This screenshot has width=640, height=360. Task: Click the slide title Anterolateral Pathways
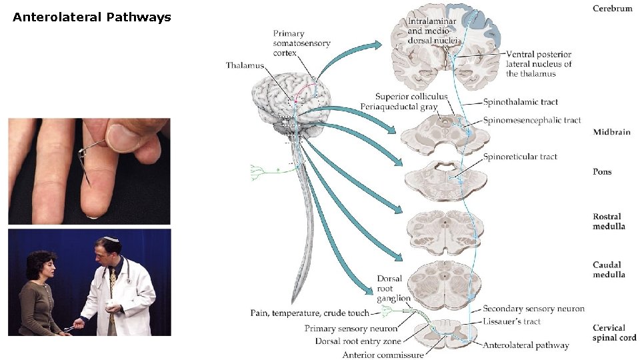pyautogui.click(x=92, y=17)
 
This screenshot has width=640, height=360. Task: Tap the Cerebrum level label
pyautogui.click(x=612, y=9)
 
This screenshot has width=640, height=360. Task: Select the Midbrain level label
pyautogui.click(x=611, y=132)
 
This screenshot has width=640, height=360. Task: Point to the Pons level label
pyautogui.click(x=602, y=172)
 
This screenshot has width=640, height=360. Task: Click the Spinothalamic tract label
pyautogui.click(x=521, y=103)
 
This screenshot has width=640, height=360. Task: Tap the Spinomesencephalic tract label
pyautogui.click(x=532, y=121)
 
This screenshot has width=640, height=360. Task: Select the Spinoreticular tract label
pyautogui.click(x=521, y=157)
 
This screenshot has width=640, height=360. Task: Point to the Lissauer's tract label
pyautogui.click(x=511, y=321)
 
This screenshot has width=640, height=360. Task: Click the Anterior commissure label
pyautogui.click(x=383, y=355)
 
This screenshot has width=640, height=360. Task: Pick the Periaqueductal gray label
pyautogui.click(x=399, y=107)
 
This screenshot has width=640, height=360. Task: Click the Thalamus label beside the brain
pyautogui.click(x=245, y=65)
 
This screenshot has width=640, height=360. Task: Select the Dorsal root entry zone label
pyautogui.click(x=358, y=341)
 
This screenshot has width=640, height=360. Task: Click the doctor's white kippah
pyautogui.click(x=109, y=239)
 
